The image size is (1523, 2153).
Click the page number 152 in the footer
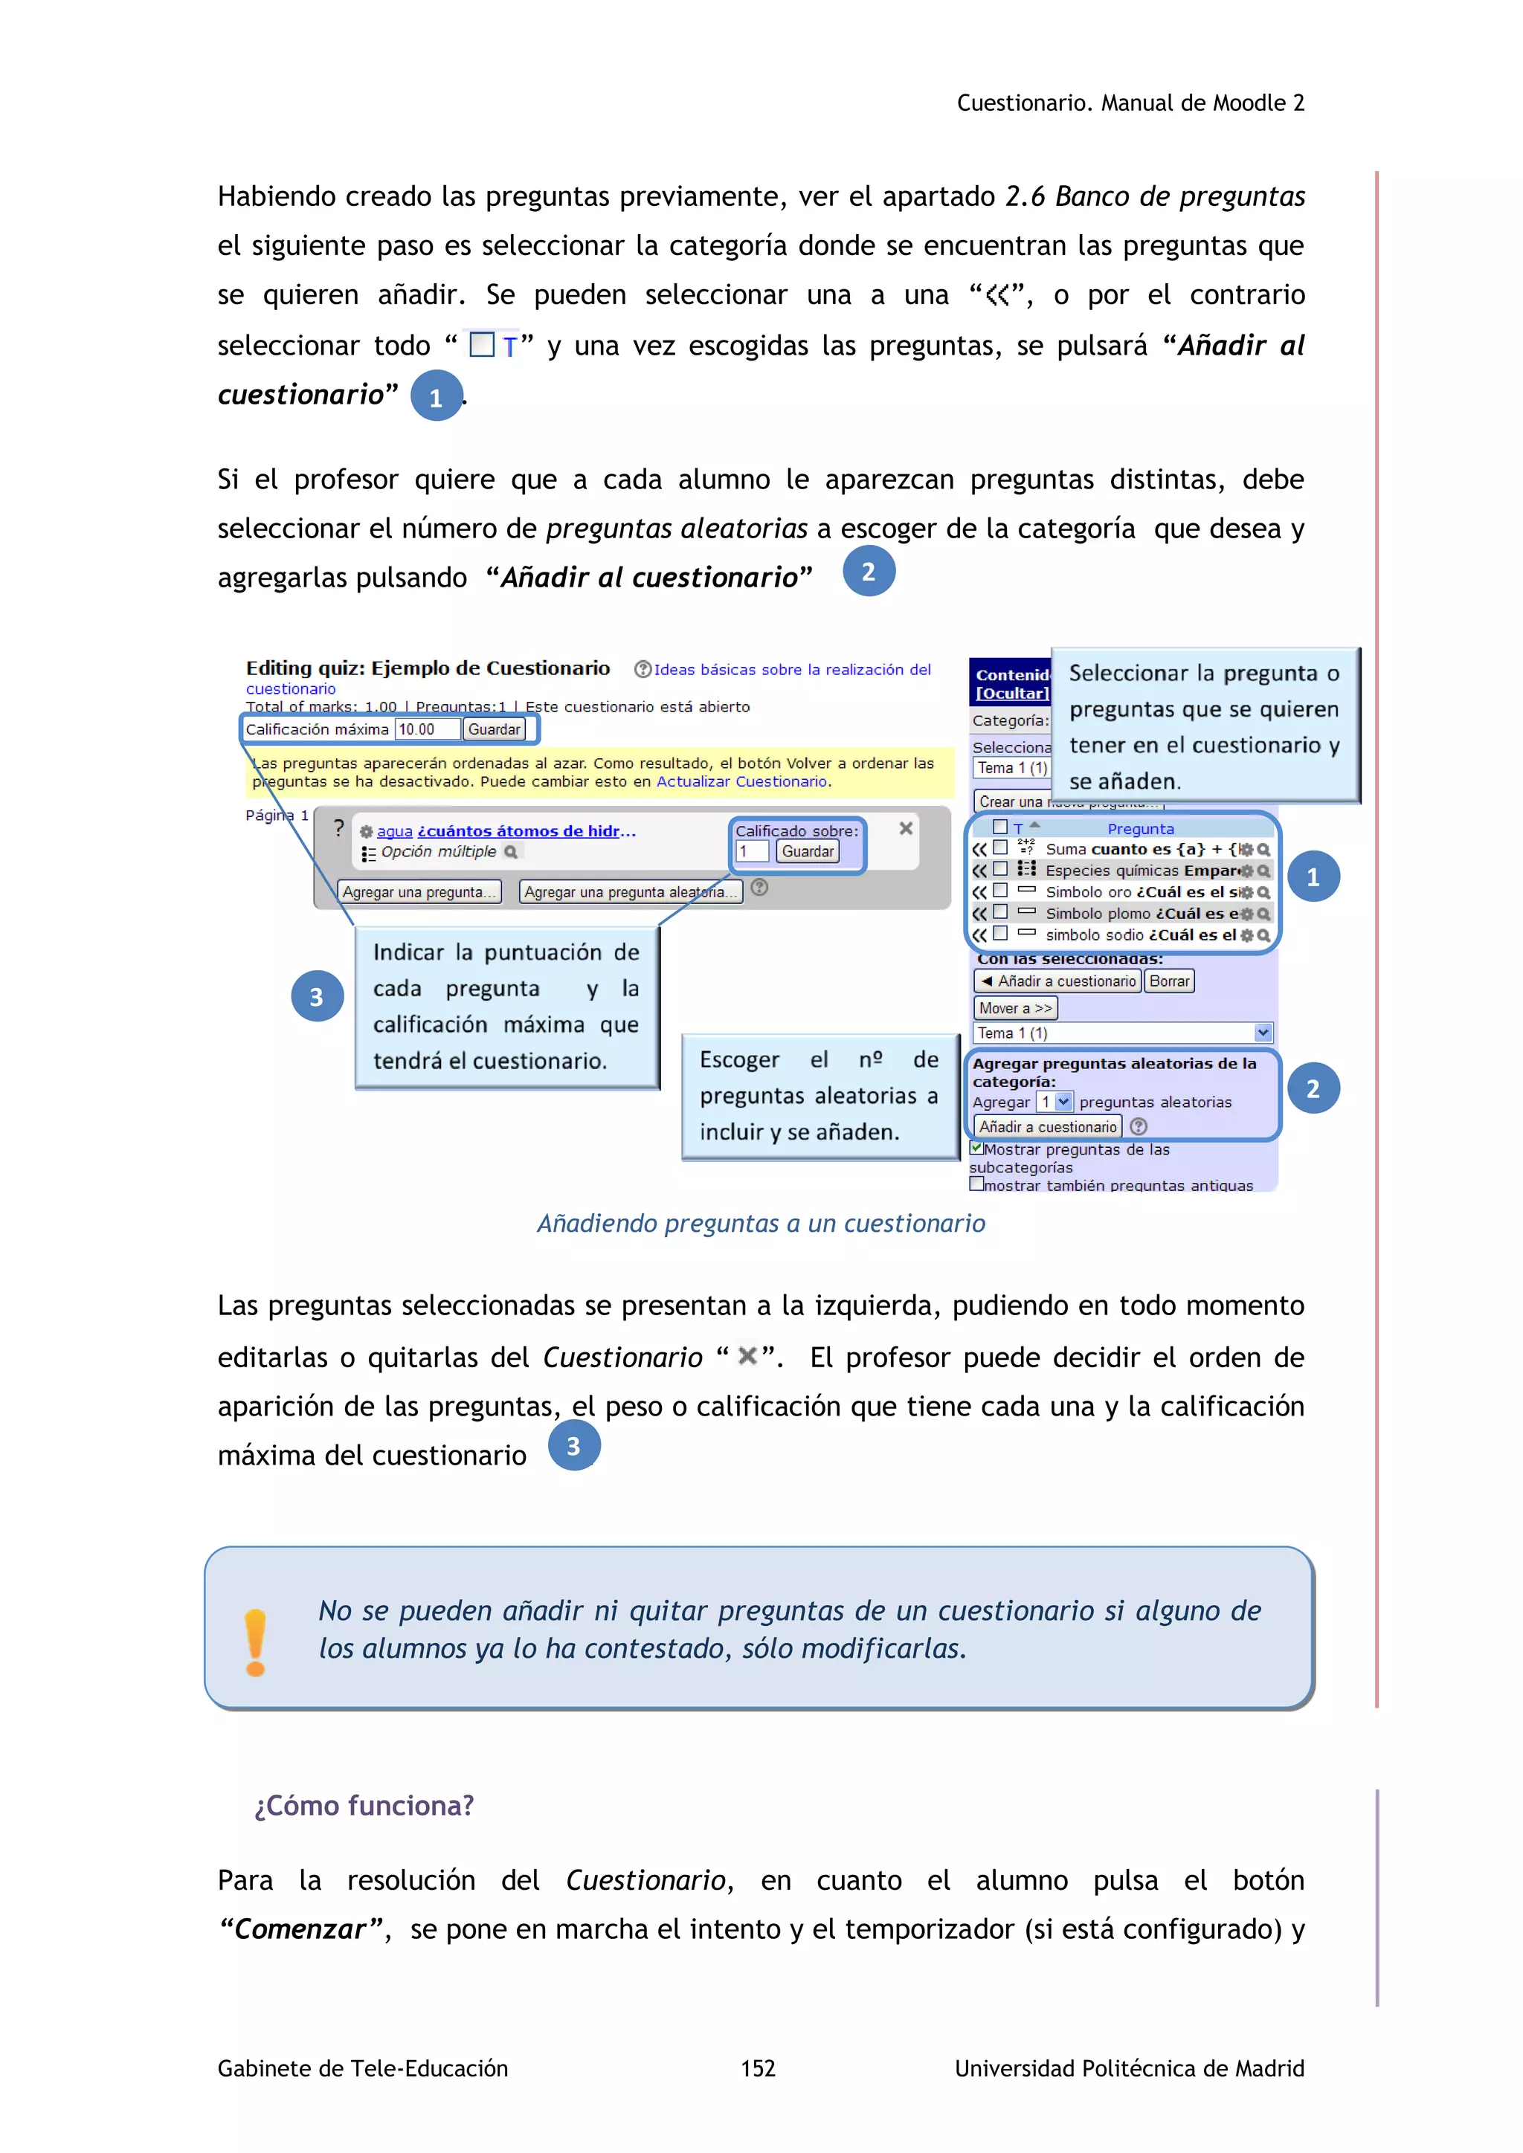pos(758,2068)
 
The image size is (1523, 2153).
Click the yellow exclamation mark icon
pos(255,1642)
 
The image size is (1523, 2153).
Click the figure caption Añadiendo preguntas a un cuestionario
pos(761,1223)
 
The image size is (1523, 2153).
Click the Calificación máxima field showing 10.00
pos(428,729)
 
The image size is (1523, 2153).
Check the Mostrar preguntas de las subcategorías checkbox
pos(976,1148)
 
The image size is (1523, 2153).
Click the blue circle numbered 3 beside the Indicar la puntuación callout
pos(317,996)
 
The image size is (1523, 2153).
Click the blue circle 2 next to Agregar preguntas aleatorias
pos(1313,1088)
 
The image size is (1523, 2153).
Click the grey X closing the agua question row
pos(906,828)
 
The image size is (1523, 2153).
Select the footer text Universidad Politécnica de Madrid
pos(1129,2068)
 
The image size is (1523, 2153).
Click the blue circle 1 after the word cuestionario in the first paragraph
pos(436,397)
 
